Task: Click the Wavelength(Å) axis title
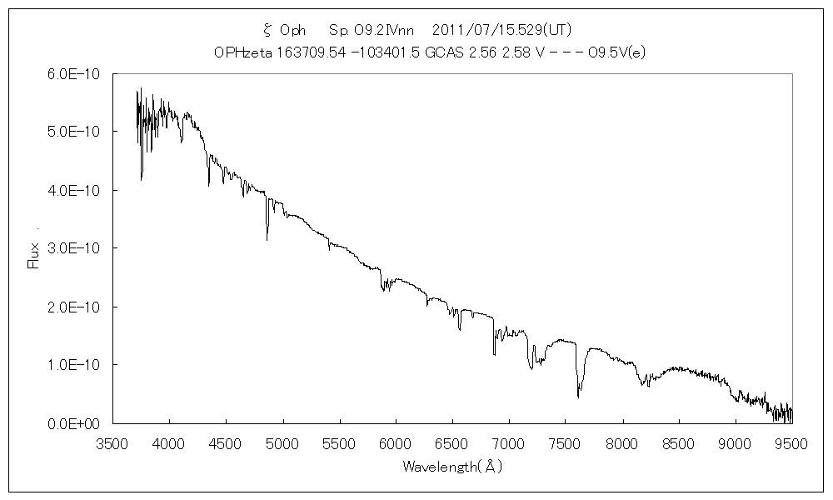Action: [451, 467]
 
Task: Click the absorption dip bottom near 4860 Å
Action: [267, 239]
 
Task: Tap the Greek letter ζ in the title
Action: [267, 31]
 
